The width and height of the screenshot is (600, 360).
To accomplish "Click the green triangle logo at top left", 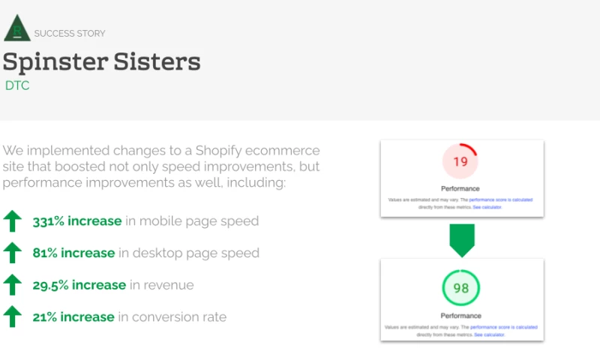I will pos(16,28).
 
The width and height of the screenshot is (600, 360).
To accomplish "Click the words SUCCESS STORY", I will pos(70,34).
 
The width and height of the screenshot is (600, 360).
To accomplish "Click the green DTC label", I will pos(17,85).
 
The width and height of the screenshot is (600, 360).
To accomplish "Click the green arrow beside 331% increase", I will pos(12,221).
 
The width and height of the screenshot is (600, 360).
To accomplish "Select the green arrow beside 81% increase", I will pos(12,253).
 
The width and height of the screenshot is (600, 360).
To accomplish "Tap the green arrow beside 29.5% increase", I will pos(12,285).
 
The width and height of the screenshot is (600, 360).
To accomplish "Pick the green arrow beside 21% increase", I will pos(12,316).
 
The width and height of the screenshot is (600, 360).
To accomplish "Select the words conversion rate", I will pos(179,316).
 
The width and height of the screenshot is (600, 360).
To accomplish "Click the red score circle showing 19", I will pos(460,161).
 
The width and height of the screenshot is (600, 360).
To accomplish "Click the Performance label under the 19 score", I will pos(460,188).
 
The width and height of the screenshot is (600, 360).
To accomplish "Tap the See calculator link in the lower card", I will pos(488,334).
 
